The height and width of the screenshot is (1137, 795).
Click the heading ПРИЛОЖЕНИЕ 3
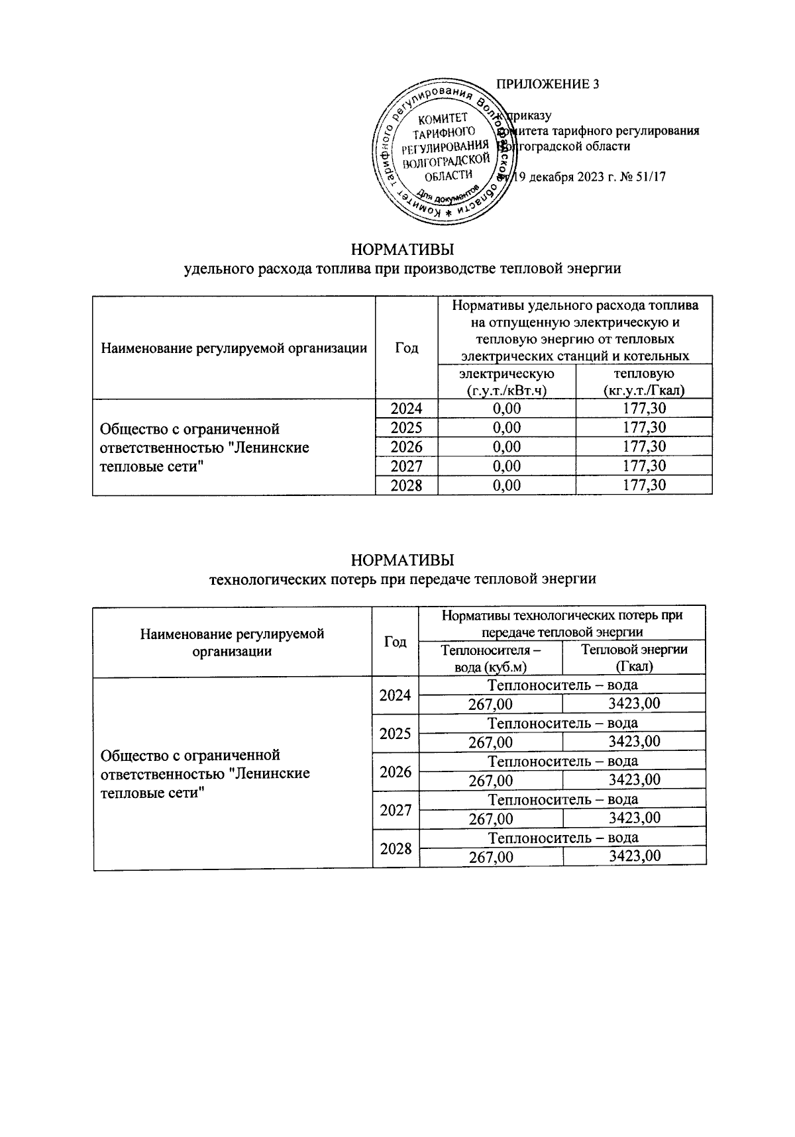tap(547, 84)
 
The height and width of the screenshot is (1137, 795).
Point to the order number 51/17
tap(651, 177)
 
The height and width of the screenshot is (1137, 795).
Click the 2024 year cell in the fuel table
tap(406, 409)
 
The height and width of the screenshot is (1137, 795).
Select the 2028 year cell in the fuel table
tap(406, 485)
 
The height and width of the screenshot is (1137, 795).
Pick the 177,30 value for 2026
tap(644, 447)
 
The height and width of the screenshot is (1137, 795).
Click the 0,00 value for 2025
tap(507, 428)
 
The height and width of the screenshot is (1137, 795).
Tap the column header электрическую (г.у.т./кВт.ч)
tap(507, 382)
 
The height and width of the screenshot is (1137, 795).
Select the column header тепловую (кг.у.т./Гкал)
tap(644, 382)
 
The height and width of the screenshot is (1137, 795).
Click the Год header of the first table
tap(406, 348)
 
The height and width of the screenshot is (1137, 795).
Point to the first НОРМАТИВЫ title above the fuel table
tap(402, 250)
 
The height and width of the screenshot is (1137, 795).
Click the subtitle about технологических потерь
tap(402, 579)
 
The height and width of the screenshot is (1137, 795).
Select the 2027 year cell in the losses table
tap(396, 810)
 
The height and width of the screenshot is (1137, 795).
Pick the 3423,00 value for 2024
tap(634, 704)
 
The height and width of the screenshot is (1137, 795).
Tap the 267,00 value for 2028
tap(491, 857)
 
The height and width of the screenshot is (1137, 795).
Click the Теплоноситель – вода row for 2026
tap(562, 762)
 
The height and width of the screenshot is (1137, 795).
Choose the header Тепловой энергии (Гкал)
tap(634, 658)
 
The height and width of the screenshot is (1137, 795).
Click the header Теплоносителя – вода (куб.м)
tap(491, 658)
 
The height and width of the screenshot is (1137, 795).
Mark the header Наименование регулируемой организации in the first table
tap(234, 348)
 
